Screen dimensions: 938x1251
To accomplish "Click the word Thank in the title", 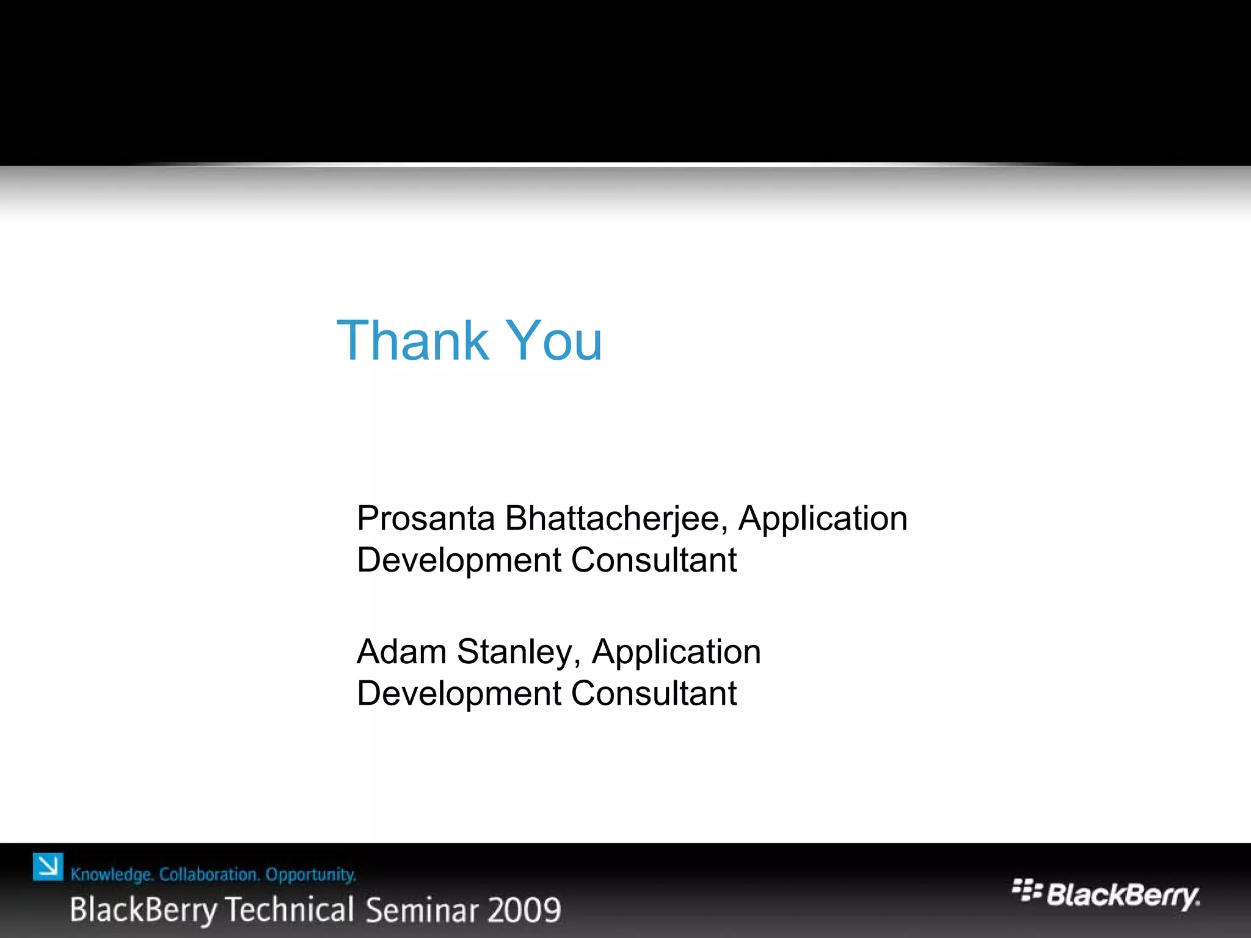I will [412, 340].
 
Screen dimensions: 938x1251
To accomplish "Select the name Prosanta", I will [426, 518].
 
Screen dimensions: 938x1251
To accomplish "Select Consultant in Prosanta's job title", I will [654, 560].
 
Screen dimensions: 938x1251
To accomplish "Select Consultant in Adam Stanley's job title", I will [654, 694].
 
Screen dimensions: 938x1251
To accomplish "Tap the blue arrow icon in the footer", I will [48, 867].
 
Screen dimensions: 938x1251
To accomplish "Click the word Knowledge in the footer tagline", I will [112, 875].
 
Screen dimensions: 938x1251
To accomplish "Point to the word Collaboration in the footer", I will [209, 874].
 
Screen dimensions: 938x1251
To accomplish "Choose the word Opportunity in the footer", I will [310, 875].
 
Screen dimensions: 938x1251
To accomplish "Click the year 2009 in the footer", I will [525, 910].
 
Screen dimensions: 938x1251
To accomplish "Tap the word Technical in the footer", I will [290, 909].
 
